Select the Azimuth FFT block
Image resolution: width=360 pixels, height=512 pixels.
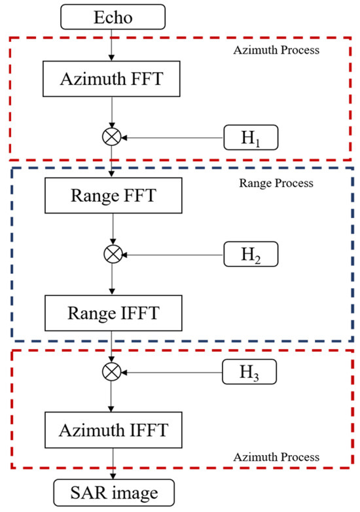coord(115,81)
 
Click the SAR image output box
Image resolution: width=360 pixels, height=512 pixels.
coord(115,496)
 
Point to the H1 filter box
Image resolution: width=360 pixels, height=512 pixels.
coord(252,138)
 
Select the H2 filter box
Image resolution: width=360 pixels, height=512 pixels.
coord(252,253)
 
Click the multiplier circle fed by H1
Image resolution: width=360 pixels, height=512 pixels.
coord(115,138)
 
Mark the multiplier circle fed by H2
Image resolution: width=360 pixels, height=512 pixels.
coord(115,253)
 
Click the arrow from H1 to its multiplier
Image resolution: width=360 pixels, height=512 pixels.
coord(173,138)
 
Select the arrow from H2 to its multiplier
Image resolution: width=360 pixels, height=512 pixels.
coord(173,253)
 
